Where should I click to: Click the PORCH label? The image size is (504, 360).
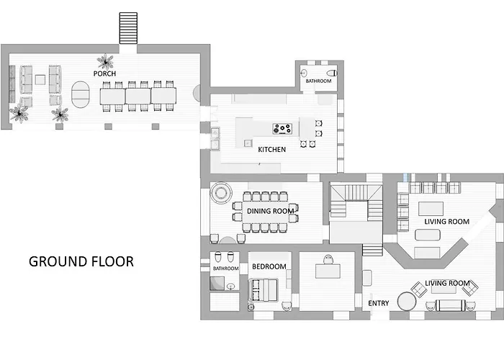point(104,73)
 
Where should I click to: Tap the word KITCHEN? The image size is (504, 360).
point(272,150)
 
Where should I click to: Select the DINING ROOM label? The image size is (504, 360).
point(270,211)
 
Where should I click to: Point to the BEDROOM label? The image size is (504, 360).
point(269,266)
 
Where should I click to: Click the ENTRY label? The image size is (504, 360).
point(379,303)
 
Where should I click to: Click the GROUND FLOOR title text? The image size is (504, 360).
point(81,261)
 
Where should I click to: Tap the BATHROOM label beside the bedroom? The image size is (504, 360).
point(225,269)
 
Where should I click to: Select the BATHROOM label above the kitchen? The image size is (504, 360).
point(318,81)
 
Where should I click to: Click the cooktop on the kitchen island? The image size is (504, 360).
point(282,129)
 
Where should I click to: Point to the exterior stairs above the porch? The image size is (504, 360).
point(128,28)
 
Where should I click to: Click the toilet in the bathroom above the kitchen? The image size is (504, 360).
point(331,73)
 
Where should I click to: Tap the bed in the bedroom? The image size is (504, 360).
point(263,290)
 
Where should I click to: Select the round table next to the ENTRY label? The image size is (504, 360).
point(407,301)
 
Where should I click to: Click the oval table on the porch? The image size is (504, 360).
point(81,94)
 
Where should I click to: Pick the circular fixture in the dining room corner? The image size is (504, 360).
point(221,193)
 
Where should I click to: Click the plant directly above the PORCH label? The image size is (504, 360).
point(105,61)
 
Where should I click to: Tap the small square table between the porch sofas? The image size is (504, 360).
point(40,79)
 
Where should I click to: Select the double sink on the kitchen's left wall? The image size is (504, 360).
point(215,138)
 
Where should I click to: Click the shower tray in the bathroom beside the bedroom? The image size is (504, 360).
point(217,283)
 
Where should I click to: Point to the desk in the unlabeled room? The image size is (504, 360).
point(328,271)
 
